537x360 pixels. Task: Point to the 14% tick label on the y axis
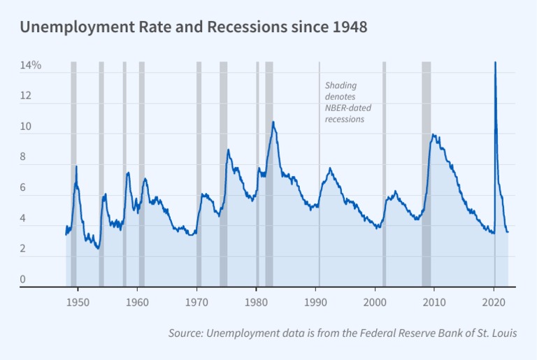click(30, 65)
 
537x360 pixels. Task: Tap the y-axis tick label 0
click(22, 280)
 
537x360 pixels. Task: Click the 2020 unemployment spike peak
click(495, 63)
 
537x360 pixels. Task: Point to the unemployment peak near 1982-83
click(273, 122)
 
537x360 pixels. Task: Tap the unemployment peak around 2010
click(433, 135)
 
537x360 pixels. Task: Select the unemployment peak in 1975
click(228, 150)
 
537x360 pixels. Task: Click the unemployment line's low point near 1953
click(98, 248)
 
